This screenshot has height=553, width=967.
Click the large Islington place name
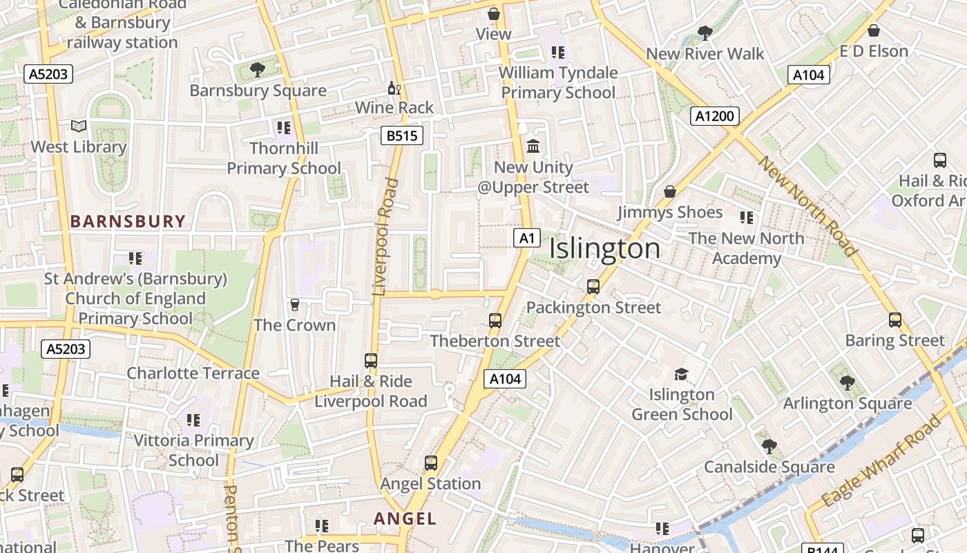(x=604, y=249)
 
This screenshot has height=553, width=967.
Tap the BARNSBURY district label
(x=128, y=221)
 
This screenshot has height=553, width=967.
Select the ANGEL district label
(x=405, y=518)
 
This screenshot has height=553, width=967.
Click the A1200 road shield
(x=714, y=116)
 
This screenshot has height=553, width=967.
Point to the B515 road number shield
(x=401, y=135)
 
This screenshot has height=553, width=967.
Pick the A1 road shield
(x=526, y=238)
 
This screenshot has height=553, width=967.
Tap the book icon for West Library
(x=79, y=126)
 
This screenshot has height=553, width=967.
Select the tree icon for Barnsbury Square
(x=258, y=69)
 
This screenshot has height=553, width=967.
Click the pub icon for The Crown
(x=295, y=305)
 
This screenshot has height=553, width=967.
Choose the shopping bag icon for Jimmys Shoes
(x=669, y=191)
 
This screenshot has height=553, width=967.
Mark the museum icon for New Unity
(x=533, y=147)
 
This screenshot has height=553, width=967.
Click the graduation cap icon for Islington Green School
(x=681, y=375)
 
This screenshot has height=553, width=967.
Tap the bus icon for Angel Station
(x=431, y=463)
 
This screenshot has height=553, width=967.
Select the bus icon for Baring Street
(x=895, y=320)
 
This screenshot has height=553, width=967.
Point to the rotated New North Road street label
(x=808, y=206)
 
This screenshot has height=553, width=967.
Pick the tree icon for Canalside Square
(x=769, y=447)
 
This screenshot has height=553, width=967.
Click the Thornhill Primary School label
(x=284, y=158)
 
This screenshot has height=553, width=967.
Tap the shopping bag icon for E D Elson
(x=874, y=30)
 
